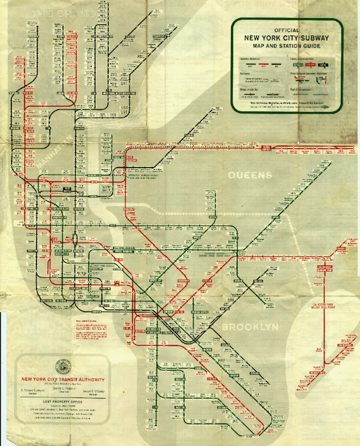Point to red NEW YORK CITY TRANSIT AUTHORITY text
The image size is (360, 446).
point(63,380)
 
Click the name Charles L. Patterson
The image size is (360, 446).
point(63,393)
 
